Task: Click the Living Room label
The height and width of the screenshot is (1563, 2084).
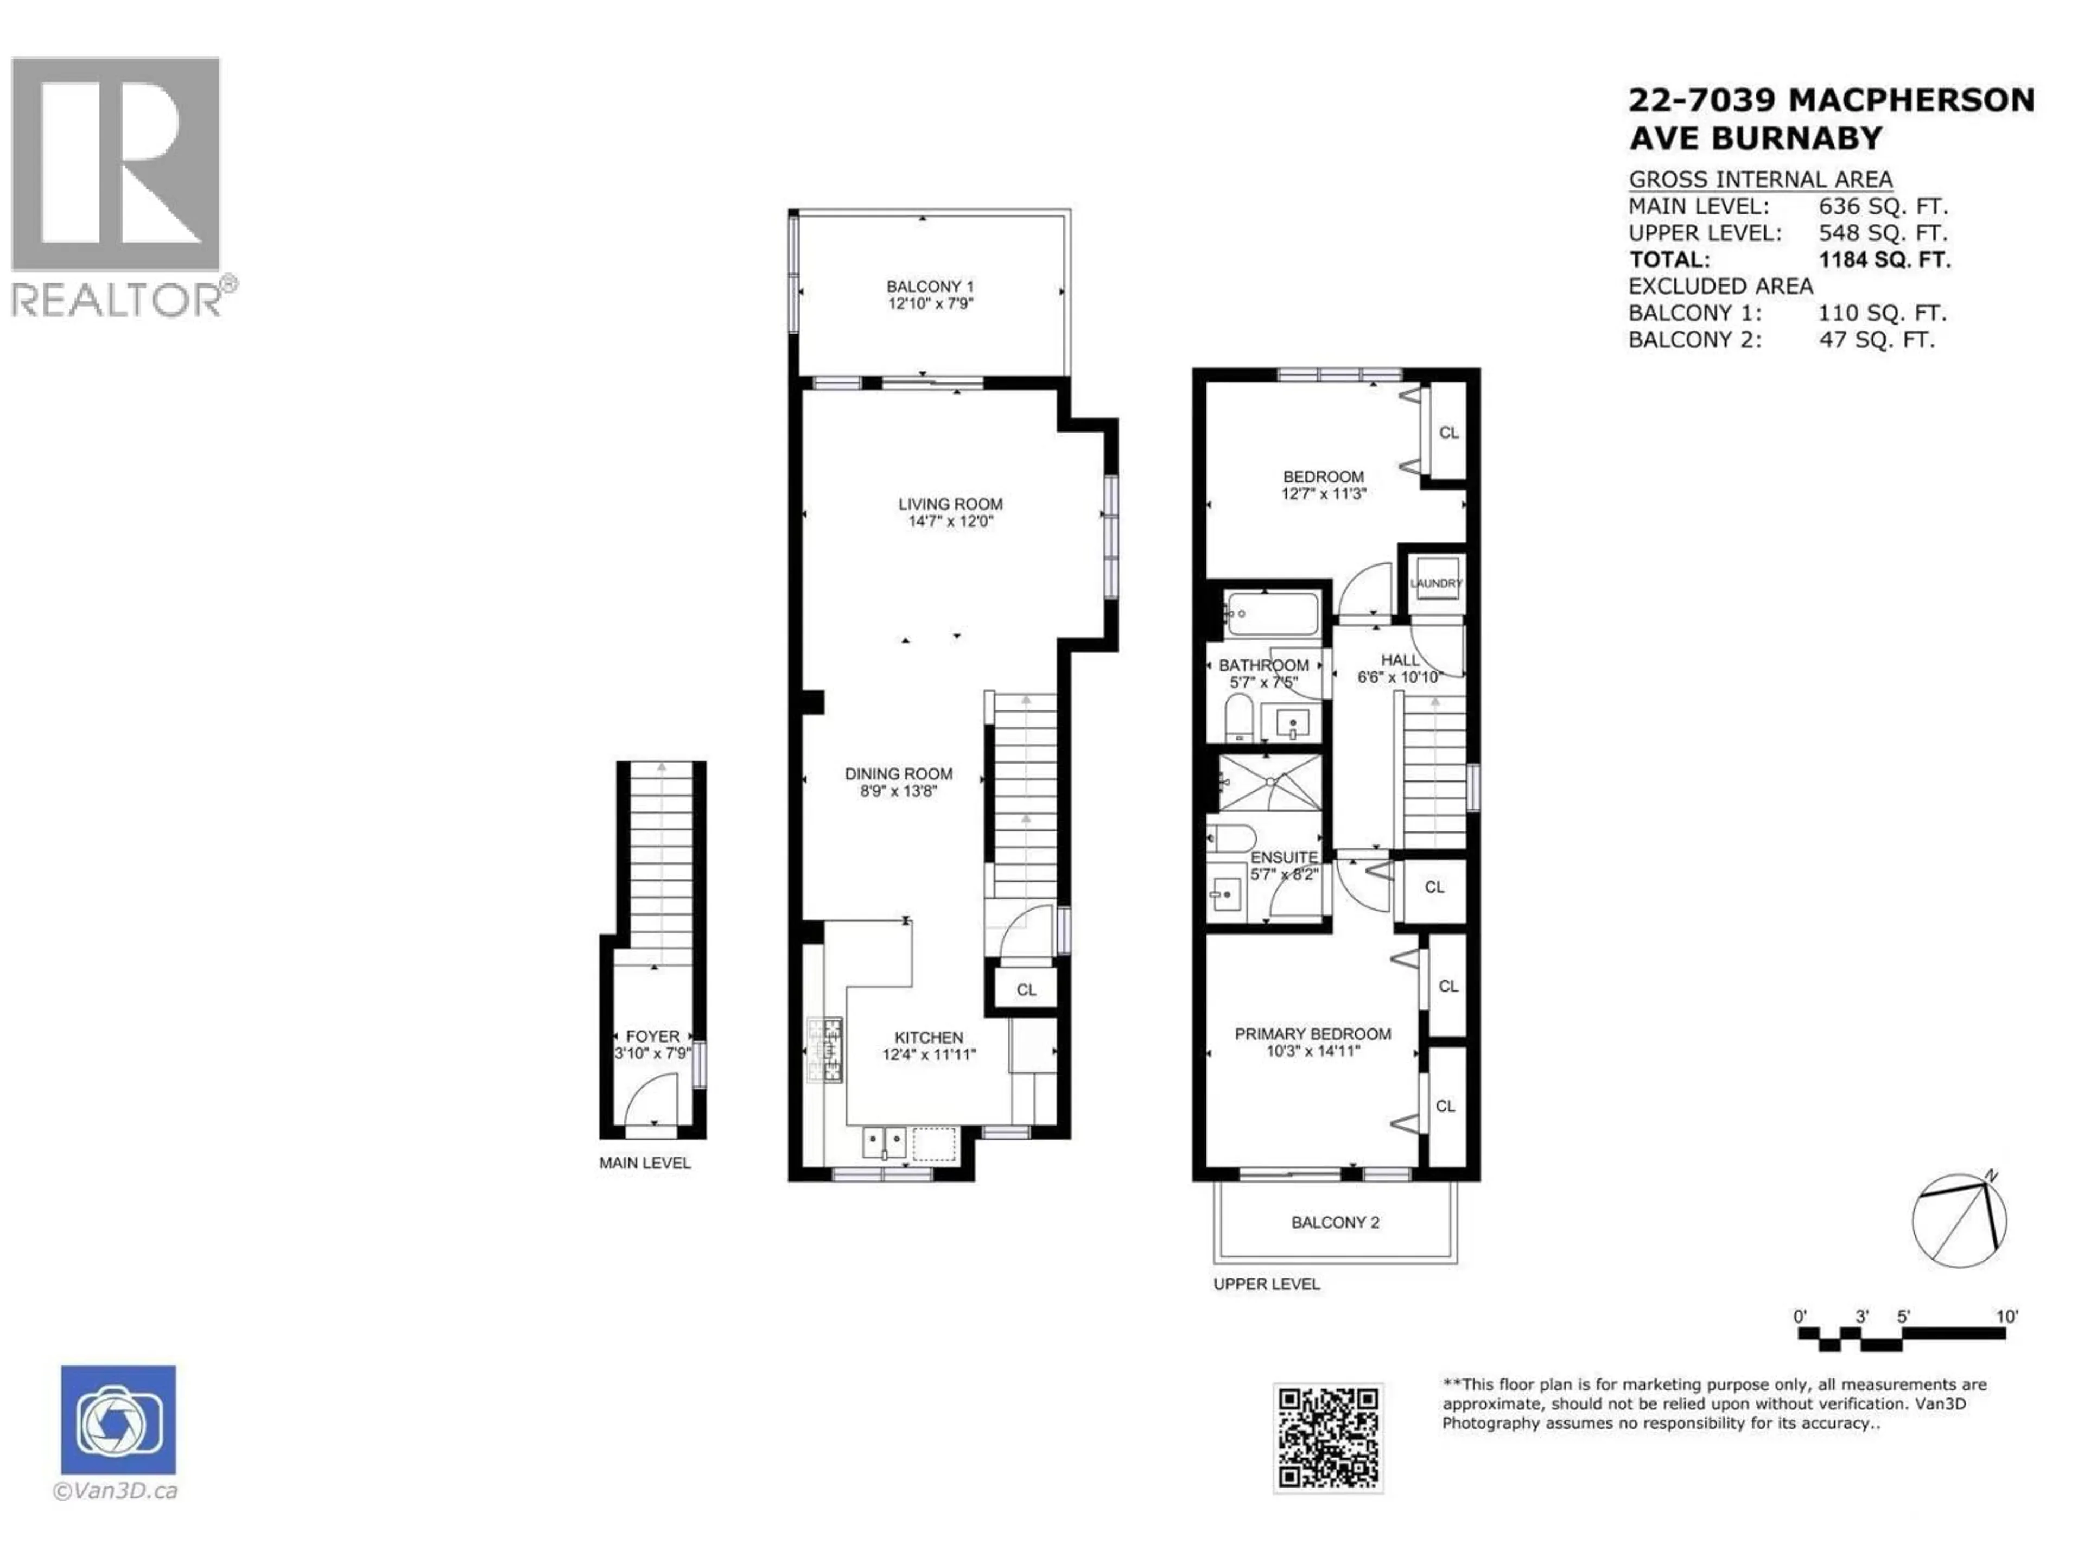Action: click(x=950, y=504)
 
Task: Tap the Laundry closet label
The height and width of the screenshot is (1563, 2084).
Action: click(x=1436, y=583)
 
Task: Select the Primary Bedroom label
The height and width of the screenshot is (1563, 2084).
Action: click(x=1312, y=1033)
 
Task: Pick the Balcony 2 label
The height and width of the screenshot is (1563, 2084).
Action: click(x=1335, y=1222)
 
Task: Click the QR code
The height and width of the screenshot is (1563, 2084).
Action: click(x=1327, y=1438)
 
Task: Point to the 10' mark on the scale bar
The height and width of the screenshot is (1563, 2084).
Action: click(x=2007, y=1316)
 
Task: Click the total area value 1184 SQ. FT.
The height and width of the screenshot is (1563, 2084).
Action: click(x=1883, y=260)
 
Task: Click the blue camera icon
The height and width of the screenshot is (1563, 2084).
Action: click(x=118, y=1420)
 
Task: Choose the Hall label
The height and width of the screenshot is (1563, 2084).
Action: click(x=1400, y=659)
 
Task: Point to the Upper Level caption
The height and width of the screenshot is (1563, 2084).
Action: click(x=1266, y=1283)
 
